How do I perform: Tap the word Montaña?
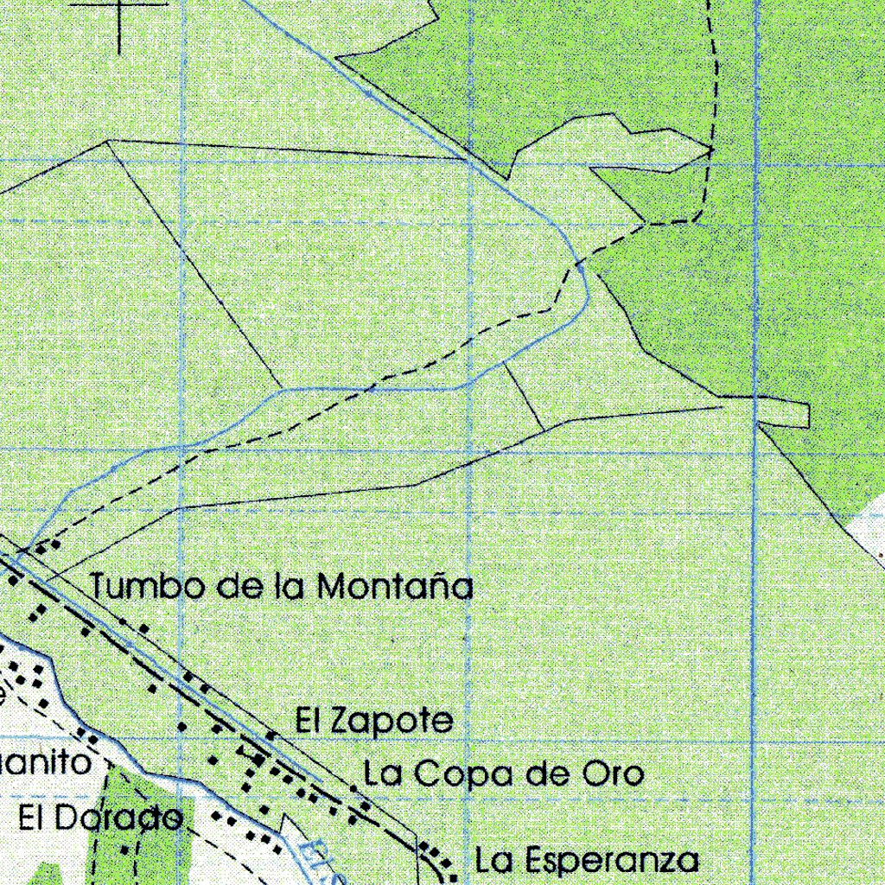tap(395, 587)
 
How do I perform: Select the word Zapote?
tap(392, 722)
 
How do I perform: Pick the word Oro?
tap(610, 774)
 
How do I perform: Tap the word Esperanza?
tap(611, 861)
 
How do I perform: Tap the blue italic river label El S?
tap(323, 860)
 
